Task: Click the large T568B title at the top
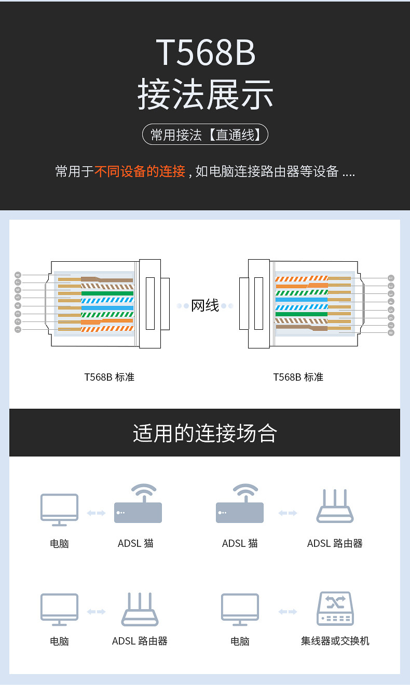(206, 52)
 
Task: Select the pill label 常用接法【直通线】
(205, 135)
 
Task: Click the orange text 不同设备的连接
(140, 171)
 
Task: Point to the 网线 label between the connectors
(205, 306)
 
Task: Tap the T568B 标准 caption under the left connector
(109, 377)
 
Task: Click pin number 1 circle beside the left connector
(18, 329)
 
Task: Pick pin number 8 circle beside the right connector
(391, 332)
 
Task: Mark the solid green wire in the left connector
(107, 293)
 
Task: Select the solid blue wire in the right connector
(301, 300)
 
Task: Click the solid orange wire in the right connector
(292, 286)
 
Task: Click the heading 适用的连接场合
(205, 433)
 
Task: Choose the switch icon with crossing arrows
(335, 609)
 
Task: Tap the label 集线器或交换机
(335, 641)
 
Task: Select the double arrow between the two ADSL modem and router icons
(288, 513)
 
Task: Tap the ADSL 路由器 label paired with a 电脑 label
(140, 641)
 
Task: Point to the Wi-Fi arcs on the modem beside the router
(245, 491)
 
